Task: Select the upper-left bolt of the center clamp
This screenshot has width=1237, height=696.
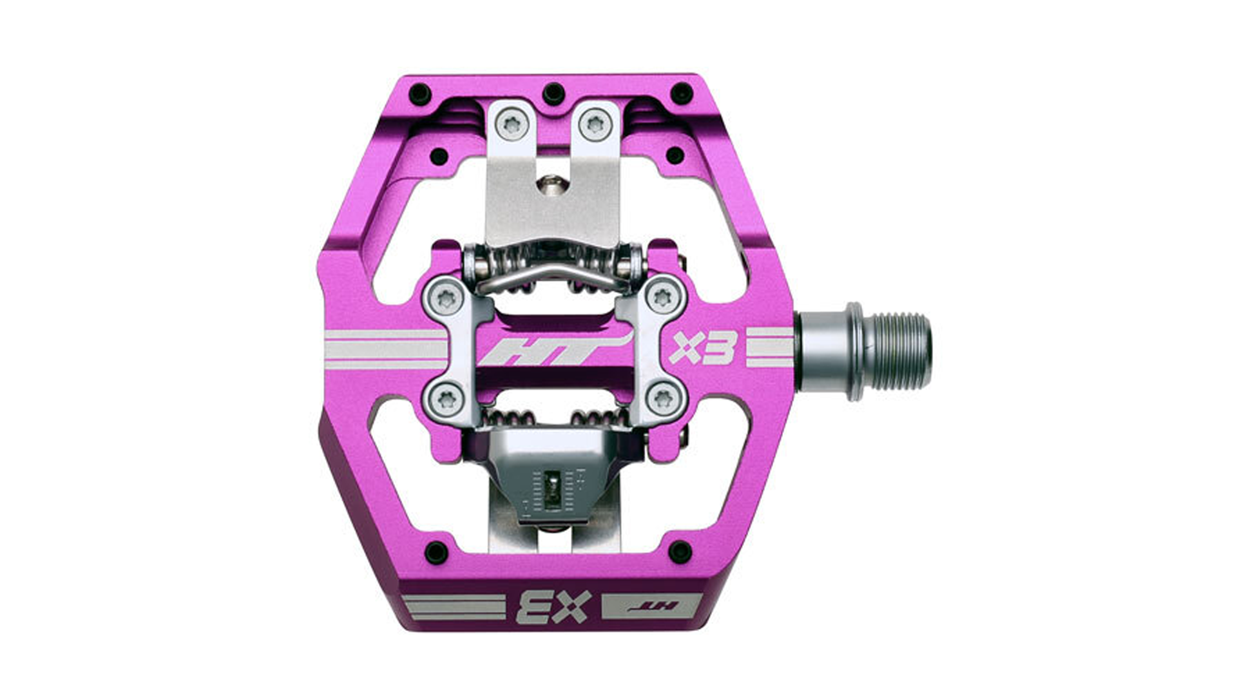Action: coord(446,298)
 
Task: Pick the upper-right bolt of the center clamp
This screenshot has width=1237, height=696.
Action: coord(662,298)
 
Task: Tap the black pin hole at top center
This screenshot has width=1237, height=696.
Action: coord(553,93)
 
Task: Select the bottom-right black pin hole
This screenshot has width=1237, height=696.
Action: coord(680,552)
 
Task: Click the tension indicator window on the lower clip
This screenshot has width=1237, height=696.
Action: coord(553,490)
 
